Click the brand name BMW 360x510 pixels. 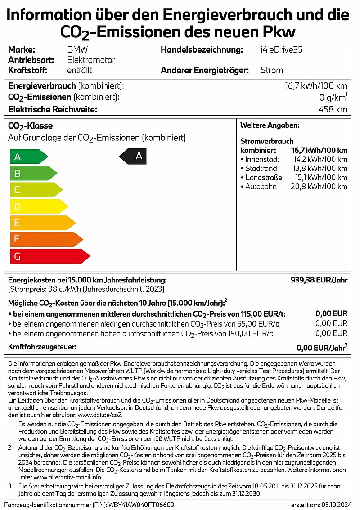[76, 50]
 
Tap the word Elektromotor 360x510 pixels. [91, 60]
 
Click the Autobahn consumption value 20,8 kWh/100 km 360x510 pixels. [319, 187]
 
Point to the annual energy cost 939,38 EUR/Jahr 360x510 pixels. [319, 280]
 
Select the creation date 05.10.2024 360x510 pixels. [333, 505]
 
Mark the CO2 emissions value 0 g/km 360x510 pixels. [332, 97]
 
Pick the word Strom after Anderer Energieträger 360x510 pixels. [272, 70]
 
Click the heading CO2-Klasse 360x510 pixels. [31, 126]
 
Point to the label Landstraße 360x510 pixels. [263, 178]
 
